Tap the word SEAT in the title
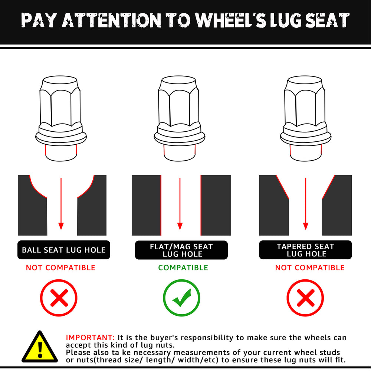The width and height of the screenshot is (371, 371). pos(327,20)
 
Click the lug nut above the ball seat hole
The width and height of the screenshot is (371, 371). pos(61,119)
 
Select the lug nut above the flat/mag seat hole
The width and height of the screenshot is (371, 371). pos(179,119)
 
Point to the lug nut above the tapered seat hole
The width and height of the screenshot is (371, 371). pos(305,119)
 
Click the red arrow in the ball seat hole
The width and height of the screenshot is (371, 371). pos(61,204)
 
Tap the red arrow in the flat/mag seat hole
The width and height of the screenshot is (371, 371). pos(180,204)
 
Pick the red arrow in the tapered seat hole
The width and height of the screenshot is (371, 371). pos(306,204)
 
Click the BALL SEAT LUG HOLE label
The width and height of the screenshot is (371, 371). pos(64,250)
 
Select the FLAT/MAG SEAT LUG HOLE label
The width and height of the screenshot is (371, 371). pos(181,250)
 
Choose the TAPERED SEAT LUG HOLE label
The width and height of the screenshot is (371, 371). pos(305,250)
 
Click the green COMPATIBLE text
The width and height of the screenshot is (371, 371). pos(183,267)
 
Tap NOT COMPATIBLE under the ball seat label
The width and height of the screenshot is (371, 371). pos(60,267)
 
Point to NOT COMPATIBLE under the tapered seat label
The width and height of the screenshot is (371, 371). pos(310,267)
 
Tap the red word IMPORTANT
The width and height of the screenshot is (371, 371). pos(90,337)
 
